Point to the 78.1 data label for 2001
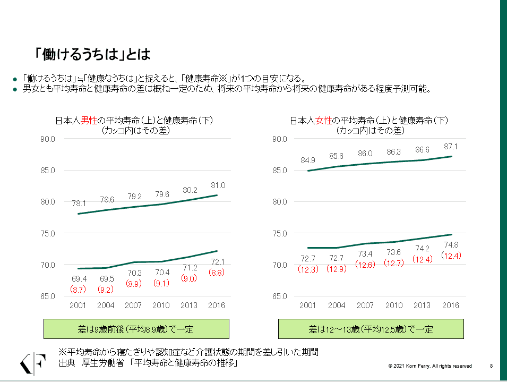pyautogui.click(x=79, y=203)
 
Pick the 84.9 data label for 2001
pyautogui.click(x=307, y=160)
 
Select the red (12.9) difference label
pyautogui.click(x=337, y=269)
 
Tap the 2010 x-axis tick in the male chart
pyautogui.click(x=161, y=305)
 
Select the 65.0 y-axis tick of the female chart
pyautogui.click(x=280, y=296)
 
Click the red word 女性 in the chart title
pyautogui.click(x=323, y=121)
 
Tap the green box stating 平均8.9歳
pyautogui.click(x=136, y=329)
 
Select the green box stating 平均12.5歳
pyautogui.click(x=371, y=329)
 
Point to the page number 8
pyautogui.click(x=491, y=366)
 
